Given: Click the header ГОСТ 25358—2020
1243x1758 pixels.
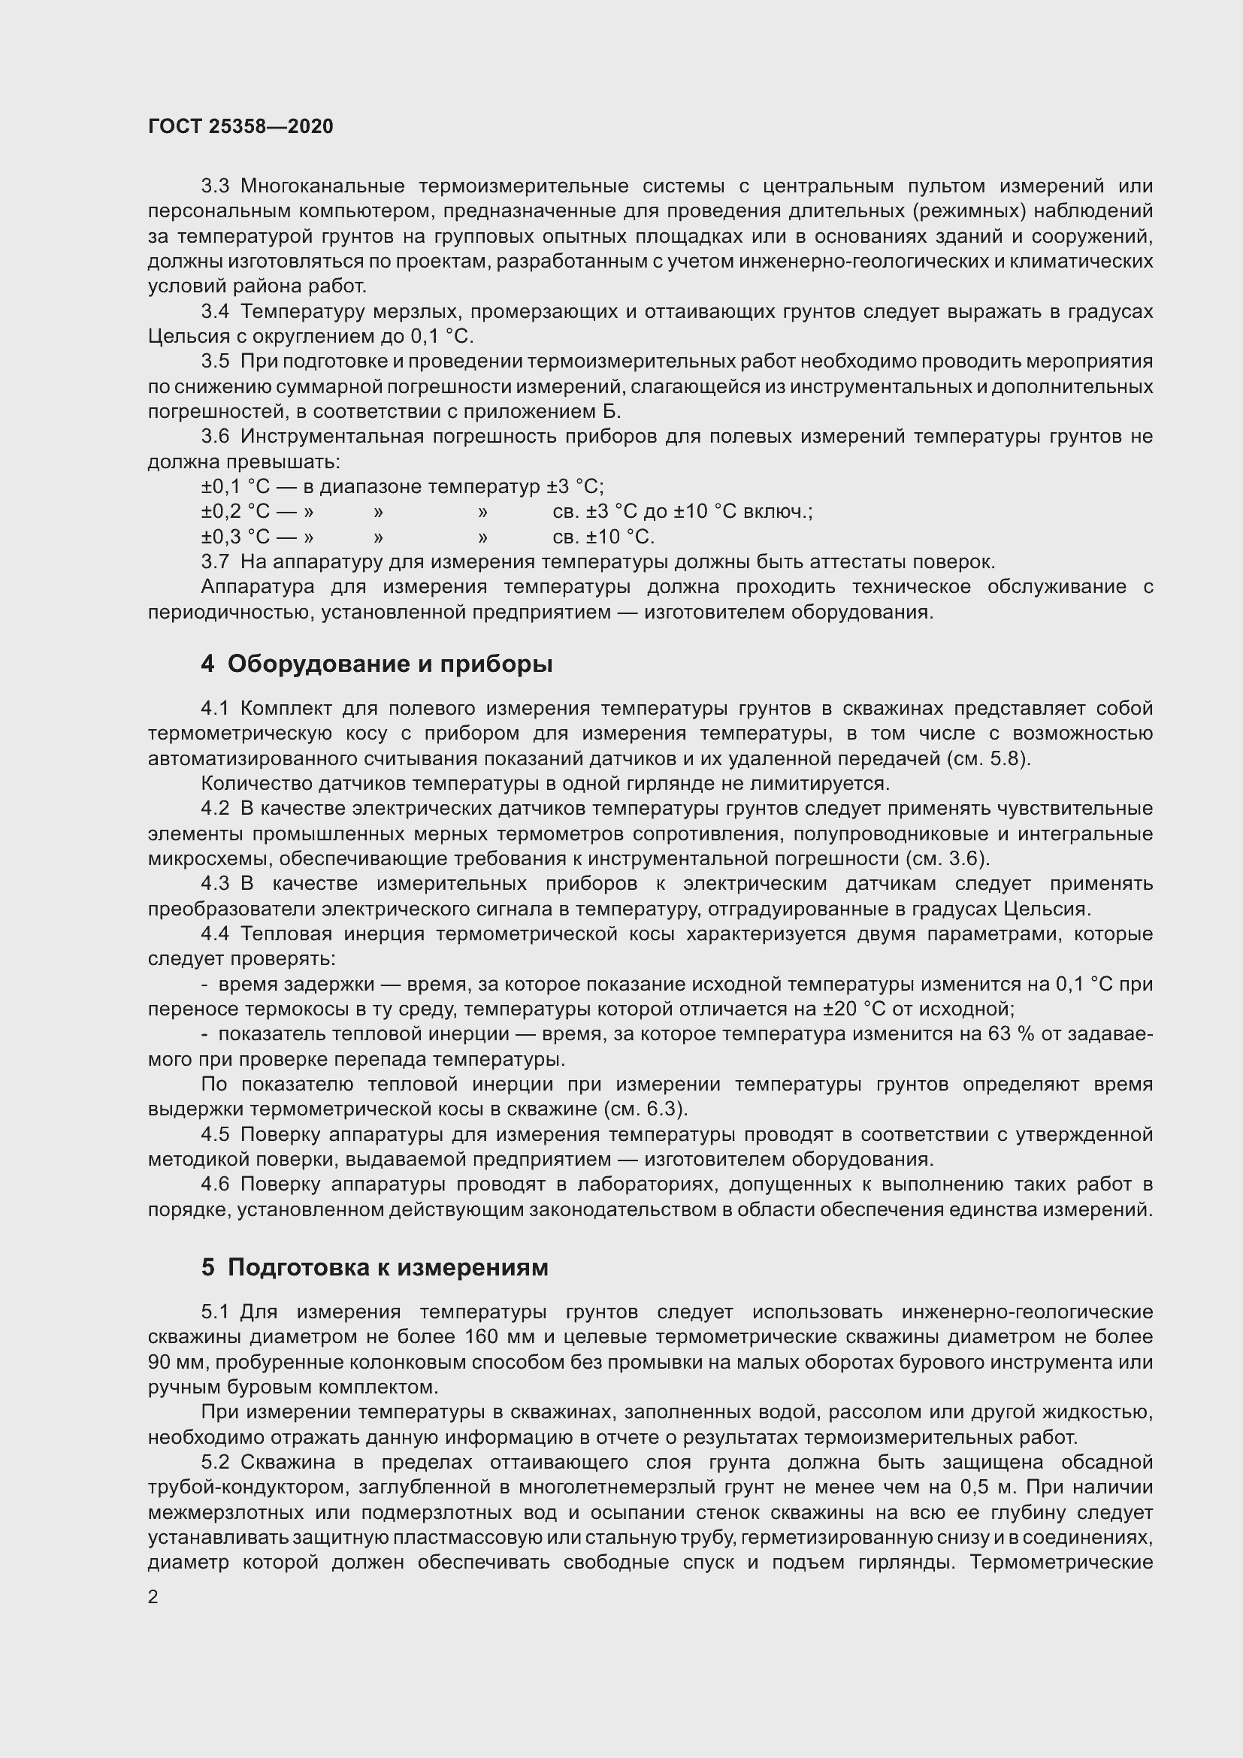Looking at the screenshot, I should tap(240, 126).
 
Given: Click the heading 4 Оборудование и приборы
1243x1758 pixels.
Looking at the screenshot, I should tap(377, 663).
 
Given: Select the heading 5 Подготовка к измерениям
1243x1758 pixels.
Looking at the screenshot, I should tap(374, 1266).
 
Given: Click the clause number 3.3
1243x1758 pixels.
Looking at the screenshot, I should tap(215, 186).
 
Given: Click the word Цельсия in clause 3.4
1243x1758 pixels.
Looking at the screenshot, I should tap(177, 337).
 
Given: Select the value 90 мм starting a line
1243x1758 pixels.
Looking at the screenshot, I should tap(176, 1362).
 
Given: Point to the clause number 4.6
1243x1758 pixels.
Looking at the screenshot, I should tap(215, 1185).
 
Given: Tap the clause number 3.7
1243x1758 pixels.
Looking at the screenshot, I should tap(215, 562).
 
